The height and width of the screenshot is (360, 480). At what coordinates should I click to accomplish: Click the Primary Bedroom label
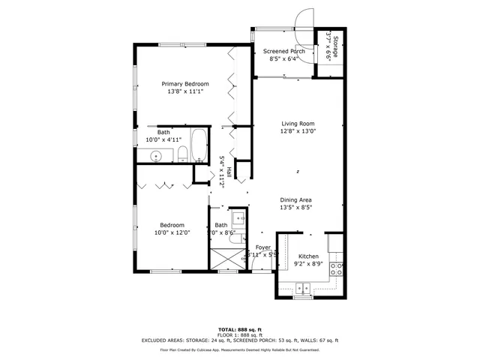tap(185, 84)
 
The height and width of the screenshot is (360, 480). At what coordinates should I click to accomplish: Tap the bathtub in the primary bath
tap(198, 146)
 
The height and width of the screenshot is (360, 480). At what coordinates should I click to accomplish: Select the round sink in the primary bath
tap(156, 157)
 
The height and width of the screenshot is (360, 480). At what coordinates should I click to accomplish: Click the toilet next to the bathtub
tap(182, 155)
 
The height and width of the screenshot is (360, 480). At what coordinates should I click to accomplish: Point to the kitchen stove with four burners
tap(337, 270)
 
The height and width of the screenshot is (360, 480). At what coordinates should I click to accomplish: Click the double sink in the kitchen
tap(304, 287)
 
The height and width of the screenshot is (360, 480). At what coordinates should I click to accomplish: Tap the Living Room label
tap(298, 124)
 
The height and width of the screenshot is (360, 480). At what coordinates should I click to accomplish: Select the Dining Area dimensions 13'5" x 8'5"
tap(295, 208)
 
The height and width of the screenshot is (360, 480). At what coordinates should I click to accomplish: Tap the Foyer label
tap(262, 247)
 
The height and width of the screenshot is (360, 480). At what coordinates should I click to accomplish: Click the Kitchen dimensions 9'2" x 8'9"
tap(308, 264)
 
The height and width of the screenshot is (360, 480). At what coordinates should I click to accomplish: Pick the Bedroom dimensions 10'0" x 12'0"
tap(173, 232)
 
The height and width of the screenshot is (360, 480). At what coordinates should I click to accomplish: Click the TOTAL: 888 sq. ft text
tap(239, 329)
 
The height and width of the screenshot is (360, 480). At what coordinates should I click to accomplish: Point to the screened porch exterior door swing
tap(303, 19)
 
